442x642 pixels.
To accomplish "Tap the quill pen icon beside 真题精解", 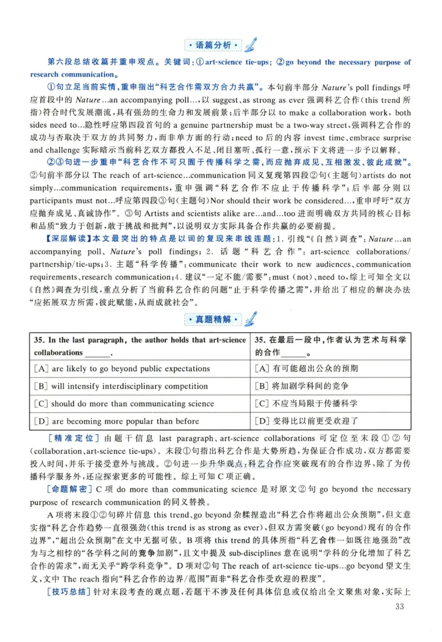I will pyautogui.click(x=250, y=318).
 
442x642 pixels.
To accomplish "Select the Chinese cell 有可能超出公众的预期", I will pyautogui.click(x=307, y=369).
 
